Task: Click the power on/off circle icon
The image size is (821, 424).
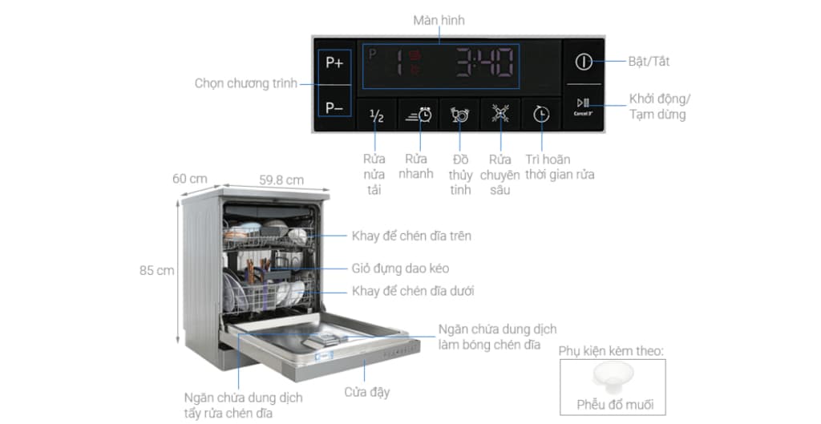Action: (x=584, y=62)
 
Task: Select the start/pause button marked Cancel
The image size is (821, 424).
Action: (x=584, y=107)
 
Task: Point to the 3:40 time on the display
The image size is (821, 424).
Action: (x=484, y=63)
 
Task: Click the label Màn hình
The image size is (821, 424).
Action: (x=439, y=20)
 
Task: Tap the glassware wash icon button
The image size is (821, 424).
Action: (x=459, y=115)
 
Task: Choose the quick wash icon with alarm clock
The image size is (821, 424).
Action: (x=419, y=115)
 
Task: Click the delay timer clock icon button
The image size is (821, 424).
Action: (x=541, y=115)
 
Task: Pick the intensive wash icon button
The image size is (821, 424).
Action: (x=500, y=114)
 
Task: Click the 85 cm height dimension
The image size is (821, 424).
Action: (x=156, y=271)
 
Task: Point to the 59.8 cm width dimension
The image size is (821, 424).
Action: (x=281, y=180)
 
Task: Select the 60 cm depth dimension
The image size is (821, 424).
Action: (x=189, y=179)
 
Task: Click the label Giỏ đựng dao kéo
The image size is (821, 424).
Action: (x=401, y=269)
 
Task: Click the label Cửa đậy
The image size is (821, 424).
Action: (x=367, y=392)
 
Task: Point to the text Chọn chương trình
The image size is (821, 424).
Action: (x=246, y=83)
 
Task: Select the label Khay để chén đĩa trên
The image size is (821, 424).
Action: (x=411, y=236)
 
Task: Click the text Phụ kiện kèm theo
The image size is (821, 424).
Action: (x=611, y=351)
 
